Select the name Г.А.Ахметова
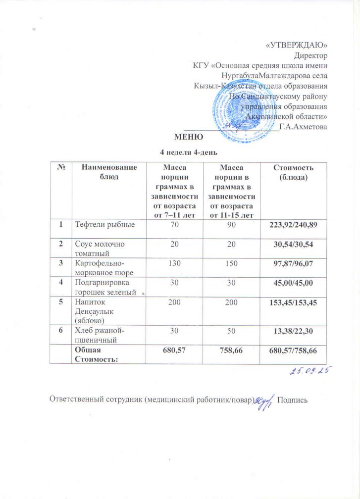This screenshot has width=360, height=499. pos(303,127)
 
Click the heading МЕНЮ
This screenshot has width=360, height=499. pos(186,136)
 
